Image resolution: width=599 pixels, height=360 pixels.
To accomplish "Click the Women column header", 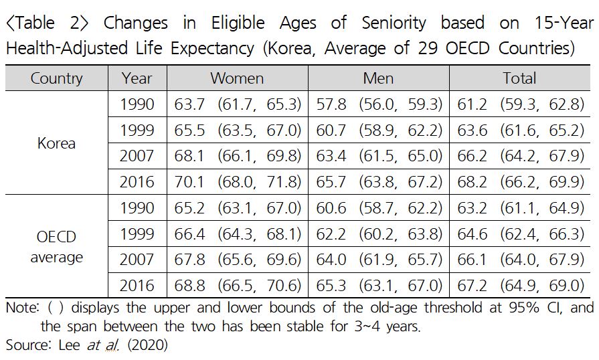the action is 237,78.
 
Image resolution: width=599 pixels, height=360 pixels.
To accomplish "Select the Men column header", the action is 378,78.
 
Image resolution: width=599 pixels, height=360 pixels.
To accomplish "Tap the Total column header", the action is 519,78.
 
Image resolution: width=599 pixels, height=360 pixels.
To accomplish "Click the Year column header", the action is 137,78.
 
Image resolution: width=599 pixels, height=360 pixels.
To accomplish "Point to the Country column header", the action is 56,78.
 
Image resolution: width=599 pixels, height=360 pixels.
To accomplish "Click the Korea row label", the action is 56,143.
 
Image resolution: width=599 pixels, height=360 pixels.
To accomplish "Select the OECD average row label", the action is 56,247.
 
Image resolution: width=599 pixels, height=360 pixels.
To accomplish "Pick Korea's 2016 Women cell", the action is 238,182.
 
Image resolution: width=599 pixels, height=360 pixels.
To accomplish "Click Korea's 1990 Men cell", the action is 379,104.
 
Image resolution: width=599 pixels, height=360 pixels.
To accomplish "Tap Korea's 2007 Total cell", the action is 521,156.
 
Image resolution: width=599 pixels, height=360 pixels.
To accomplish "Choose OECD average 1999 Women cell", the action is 238,234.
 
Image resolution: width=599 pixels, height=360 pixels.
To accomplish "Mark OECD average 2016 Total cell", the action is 521,286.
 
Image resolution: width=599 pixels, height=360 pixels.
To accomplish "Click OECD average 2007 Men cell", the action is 379,260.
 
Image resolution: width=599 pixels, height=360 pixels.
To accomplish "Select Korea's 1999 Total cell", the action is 521,130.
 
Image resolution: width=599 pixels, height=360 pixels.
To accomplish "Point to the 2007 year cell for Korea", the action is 137,156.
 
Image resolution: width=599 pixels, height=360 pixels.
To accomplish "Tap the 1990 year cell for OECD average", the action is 137,207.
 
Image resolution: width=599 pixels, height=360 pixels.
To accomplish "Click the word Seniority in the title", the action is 394,23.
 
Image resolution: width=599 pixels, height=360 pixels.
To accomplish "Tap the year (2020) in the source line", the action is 148,345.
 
